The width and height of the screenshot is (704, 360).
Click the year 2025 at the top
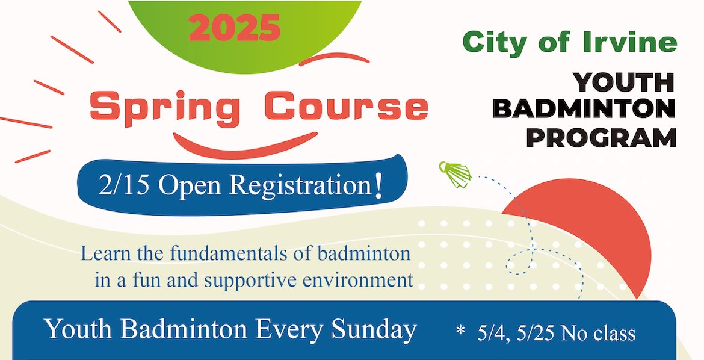coord(235,28)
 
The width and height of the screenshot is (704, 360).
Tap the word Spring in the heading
coord(165,108)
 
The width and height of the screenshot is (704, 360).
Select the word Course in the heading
coord(346,105)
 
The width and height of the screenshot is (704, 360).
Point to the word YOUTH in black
coord(623,82)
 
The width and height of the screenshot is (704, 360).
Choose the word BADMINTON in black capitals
coord(584,109)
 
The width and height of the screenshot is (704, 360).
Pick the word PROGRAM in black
coord(602,137)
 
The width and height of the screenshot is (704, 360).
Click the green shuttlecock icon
coord(455,173)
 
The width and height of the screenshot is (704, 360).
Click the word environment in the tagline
coord(357,279)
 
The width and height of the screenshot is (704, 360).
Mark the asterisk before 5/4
coord(460,331)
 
